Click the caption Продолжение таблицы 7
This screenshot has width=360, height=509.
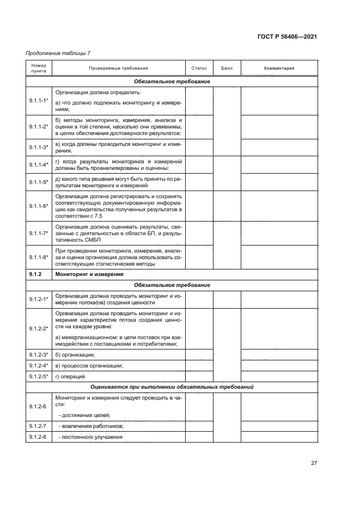click(x=58, y=53)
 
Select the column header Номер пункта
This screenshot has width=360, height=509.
click(x=39, y=68)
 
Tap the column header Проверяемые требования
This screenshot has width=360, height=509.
click(x=118, y=69)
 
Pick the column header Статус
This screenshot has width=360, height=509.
click(x=199, y=69)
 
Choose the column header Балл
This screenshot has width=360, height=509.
click(x=227, y=69)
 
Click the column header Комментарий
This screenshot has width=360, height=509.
click(x=279, y=69)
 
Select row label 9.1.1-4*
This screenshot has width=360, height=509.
click(x=39, y=164)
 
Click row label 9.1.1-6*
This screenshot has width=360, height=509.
click(x=39, y=206)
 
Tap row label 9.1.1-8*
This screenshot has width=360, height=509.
click(x=39, y=256)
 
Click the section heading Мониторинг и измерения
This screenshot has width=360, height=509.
click(x=89, y=274)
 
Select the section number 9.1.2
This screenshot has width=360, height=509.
click(x=36, y=274)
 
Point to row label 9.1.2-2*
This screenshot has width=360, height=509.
click(x=39, y=328)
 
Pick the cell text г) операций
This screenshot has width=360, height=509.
click(x=71, y=376)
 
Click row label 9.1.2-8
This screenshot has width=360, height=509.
click(x=38, y=437)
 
